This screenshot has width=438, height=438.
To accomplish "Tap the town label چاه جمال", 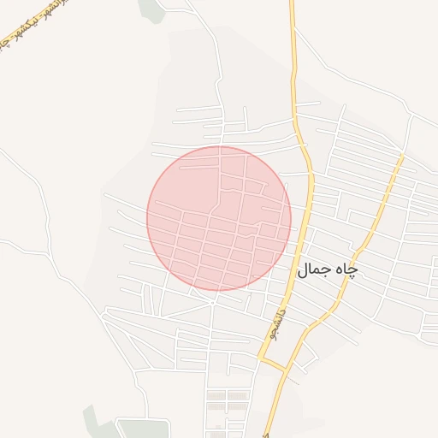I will tap(327, 269).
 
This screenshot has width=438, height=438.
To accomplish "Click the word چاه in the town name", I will tap(345, 269).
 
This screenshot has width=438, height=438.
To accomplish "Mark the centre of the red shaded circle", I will tap(219, 218).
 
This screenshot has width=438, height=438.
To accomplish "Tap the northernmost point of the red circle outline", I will tap(219, 146).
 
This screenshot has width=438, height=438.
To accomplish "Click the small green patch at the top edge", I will tap(151, 9).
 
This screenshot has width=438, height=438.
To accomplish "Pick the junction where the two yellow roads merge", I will tap(285, 370).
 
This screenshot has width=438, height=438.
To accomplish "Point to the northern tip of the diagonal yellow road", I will tap(401, 157).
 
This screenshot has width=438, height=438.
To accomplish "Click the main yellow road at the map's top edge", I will tap(292, 4).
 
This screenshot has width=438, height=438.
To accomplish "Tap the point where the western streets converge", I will tap(104, 315).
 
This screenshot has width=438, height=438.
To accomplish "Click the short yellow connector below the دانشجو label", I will tap(273, 364).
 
